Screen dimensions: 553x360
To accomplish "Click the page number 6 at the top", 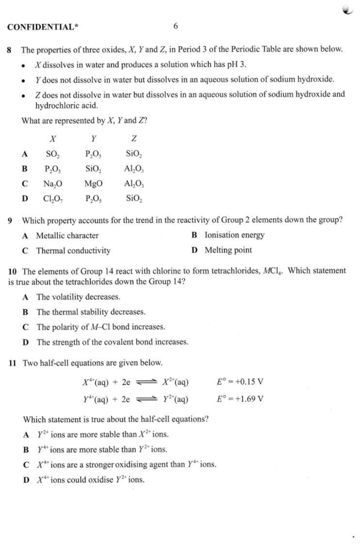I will [175, 26].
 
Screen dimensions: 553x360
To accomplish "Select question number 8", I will [10, 50].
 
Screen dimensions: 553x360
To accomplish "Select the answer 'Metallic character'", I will [68, 236].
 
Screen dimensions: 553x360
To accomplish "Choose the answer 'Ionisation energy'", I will [235, 236].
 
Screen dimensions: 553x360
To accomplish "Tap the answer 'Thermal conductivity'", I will [73, 251].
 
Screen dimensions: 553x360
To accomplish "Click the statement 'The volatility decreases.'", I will [78, 297].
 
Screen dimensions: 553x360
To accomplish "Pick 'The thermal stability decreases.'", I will [91, 311].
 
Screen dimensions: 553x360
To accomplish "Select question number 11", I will [13, 363].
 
